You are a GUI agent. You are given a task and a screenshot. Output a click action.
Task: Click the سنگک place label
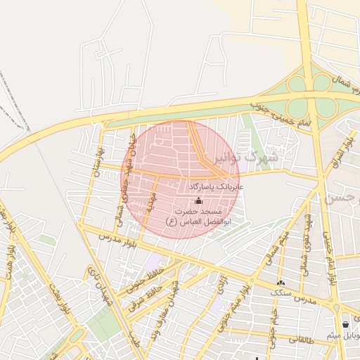tap(281, 292)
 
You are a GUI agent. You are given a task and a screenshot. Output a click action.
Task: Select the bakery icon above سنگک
tap(281, 282)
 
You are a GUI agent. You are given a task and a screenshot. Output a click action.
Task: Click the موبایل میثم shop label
tap(344, 335)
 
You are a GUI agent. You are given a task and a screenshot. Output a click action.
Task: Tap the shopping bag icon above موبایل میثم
tap(345, 324)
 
